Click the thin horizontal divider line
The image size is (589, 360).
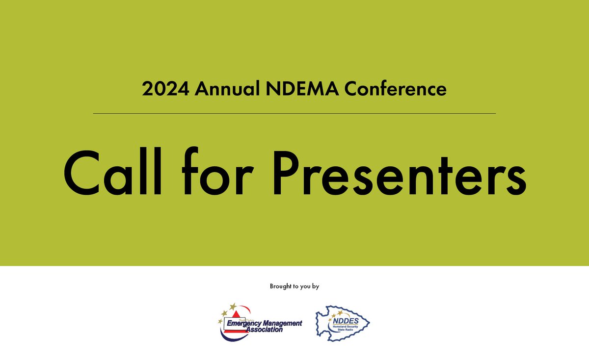pyautogui.click(x=294, y=113)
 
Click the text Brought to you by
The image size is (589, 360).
pyautogui.click(x=294, y=286)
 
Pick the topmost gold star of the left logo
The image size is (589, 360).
pyautogui.click(x=233, y=306)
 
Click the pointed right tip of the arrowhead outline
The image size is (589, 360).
pyautogui.click(x=370, y=323)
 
